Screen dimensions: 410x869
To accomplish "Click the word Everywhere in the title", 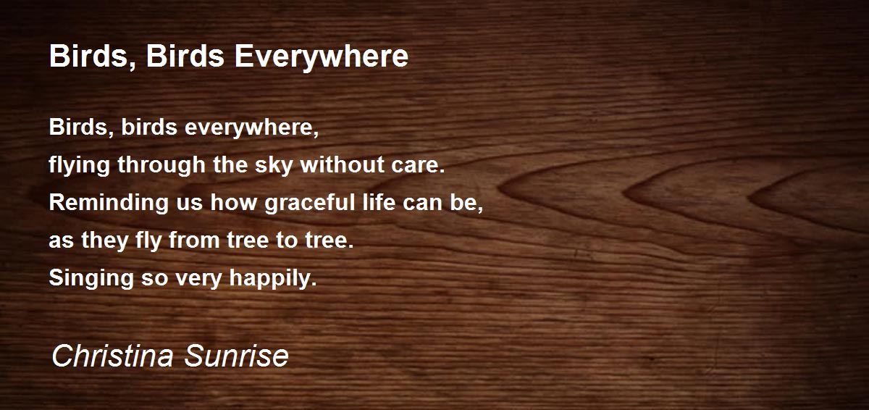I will tap(321, 57).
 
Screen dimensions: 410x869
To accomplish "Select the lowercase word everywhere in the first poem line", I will tap(251, 128).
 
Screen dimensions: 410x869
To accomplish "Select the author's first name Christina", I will tap(111, 356).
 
